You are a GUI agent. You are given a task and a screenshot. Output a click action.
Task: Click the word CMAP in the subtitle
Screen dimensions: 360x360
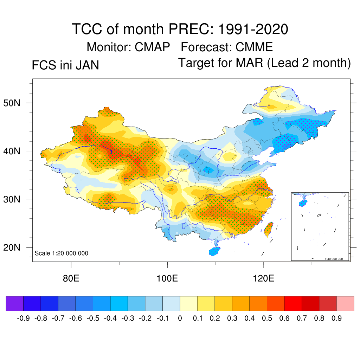tap(153, 47)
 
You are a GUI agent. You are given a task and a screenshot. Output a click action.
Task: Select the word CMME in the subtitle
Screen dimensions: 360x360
tap(254, 47)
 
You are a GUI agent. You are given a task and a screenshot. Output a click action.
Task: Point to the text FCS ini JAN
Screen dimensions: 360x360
tap(65, 65)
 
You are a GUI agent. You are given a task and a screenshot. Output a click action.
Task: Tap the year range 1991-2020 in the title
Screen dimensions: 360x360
tap(253, 29)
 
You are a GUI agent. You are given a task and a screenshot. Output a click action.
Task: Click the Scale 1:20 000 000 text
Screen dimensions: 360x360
tap(62, 253)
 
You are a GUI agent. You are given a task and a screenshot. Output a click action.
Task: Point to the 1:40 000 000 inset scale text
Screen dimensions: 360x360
tap(336, 259)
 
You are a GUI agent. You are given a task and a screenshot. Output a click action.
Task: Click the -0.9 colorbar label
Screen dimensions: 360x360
tap(24, 319)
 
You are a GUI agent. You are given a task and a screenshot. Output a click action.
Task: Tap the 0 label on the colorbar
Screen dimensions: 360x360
tap(180, 319)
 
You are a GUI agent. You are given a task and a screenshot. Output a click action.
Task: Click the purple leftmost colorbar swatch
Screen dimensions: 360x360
tap(15, 303)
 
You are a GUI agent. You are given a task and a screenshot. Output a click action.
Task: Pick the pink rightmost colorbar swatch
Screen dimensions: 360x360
tap(345, 303)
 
